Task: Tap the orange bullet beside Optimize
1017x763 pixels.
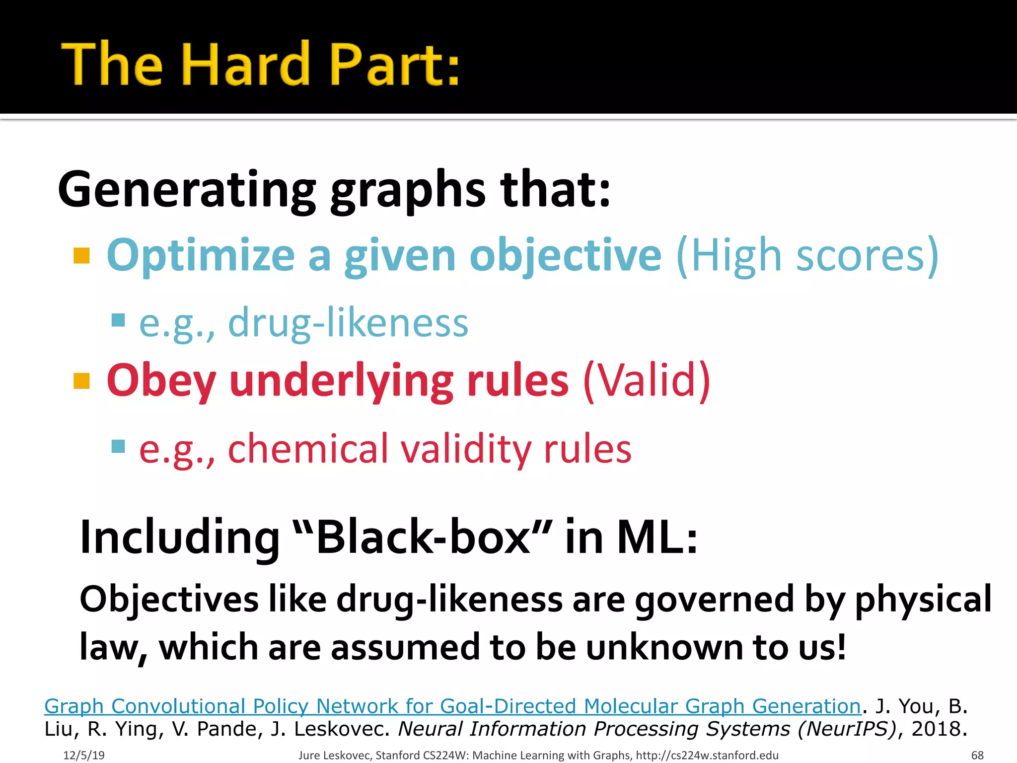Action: click(x=81, y=256)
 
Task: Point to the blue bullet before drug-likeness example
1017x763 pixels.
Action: click(x=118, y=319)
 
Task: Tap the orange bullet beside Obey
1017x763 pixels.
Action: click(x=81, y=381)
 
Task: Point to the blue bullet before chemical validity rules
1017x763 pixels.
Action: click(x=118, y=446)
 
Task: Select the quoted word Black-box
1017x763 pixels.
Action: click(x=422, y=537)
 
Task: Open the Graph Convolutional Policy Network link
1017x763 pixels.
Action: click(x=452, y=706)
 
